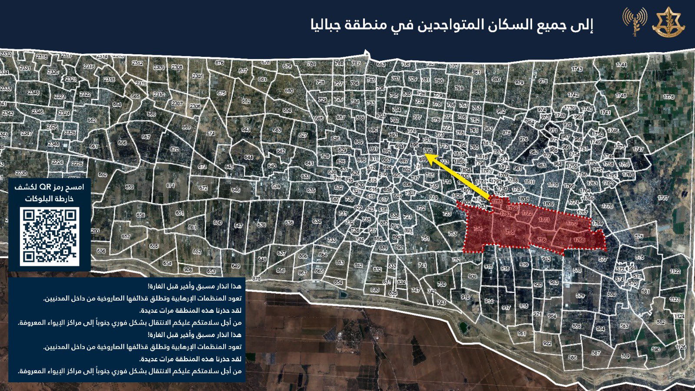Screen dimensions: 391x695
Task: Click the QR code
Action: [50, 236]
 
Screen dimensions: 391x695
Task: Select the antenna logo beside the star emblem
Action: [635, 22]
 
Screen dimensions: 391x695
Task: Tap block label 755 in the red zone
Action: [510, 232]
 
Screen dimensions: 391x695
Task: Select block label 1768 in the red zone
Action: [579, 240]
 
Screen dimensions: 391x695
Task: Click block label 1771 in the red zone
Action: [543, 220]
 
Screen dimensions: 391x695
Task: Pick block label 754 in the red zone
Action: [477, 229]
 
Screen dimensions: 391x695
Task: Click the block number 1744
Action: [621, 65]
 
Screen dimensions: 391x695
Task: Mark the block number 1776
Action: [669, 97]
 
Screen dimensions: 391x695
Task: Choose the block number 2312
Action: [137, 63]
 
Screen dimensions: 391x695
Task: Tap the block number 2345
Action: [33, 93]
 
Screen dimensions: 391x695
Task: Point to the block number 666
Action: [122, 142]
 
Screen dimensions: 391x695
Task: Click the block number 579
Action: [580, 296]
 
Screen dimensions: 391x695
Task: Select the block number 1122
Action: [675, 271]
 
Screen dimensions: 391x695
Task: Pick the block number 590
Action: [655, 349]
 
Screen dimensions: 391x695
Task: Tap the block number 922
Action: [547, 343]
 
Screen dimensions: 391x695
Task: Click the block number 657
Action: [126, 237]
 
